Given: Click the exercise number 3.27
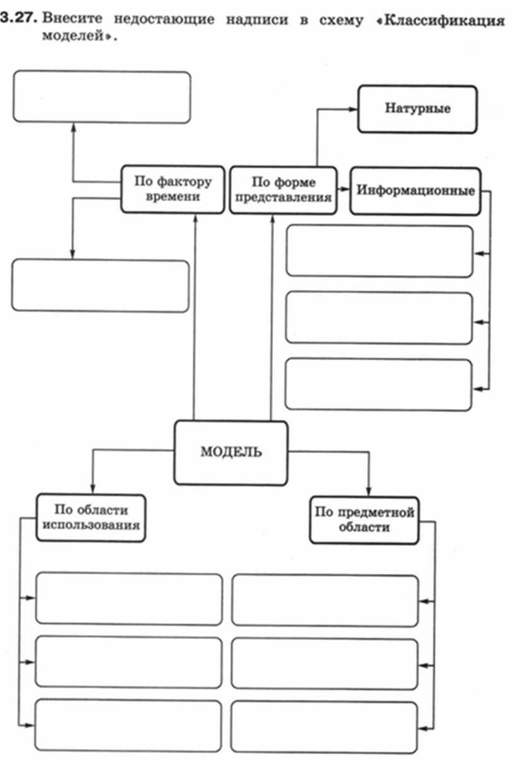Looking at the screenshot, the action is pos(18,18).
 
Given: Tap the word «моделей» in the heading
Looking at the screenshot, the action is pos(72,35).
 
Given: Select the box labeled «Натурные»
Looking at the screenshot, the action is pos(418,109).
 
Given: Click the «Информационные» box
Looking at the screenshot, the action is pos(415,190).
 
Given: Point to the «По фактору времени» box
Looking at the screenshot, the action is pos(173,189).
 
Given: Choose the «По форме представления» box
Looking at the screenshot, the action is pos(283,190).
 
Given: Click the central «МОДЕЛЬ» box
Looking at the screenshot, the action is pos(231,452).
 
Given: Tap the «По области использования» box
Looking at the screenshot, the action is pos(91,517).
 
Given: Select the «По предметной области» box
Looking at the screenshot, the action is pos(364,520).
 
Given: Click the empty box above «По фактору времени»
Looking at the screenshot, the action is pos(102,96).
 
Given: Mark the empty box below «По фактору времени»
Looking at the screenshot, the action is pos(101,286).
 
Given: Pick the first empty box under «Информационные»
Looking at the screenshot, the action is pos(379,251).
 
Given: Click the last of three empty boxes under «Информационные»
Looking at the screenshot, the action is pos(379,384).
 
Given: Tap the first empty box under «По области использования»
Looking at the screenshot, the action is pos(129,598).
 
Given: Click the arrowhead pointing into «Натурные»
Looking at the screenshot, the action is pos(353,109).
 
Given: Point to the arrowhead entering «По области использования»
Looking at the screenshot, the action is pos(93,489).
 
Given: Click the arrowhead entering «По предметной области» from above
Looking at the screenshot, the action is pos(369,491).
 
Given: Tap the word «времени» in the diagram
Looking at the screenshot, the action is pos(173,197).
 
